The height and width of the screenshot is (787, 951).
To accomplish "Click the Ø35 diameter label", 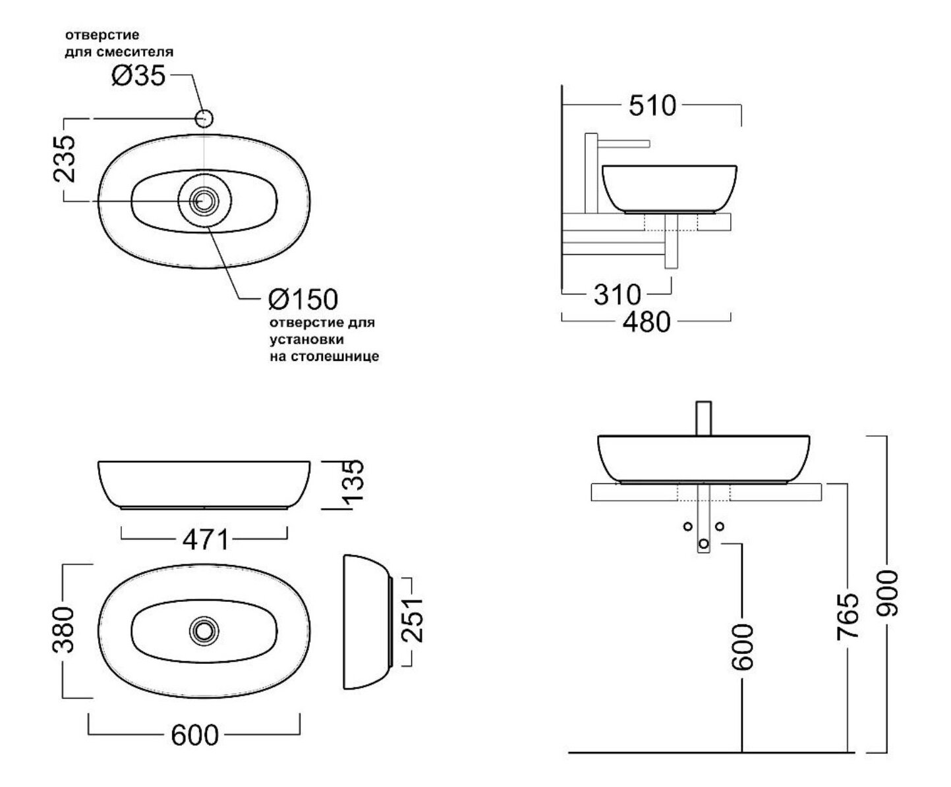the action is tap(138, 76).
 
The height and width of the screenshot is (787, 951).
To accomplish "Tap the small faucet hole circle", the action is tap(204, 119).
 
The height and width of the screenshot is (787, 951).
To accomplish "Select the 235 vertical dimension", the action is tap(64, 159).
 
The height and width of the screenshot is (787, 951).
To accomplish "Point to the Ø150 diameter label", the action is tap(303, 299).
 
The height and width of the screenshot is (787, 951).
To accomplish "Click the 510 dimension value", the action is tap(652, 105).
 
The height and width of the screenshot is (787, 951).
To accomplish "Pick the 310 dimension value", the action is tap(617, 294).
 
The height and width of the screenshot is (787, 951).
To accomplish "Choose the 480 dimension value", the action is tap(647, 321).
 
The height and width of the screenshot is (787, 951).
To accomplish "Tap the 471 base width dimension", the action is tap(206, 540).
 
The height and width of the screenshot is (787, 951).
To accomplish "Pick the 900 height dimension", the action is tap(887, 593).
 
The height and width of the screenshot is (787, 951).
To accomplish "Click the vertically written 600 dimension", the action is tap(742, 647).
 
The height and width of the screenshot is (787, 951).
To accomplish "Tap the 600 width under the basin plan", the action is tap(194, 735).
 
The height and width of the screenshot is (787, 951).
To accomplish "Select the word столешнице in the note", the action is tap(335, 356).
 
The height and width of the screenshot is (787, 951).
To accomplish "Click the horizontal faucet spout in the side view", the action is tap(623, 144).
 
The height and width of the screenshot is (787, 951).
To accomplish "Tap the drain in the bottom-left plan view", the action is tap(204, 631).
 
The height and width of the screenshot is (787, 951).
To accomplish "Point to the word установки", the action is tap(306, 340).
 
